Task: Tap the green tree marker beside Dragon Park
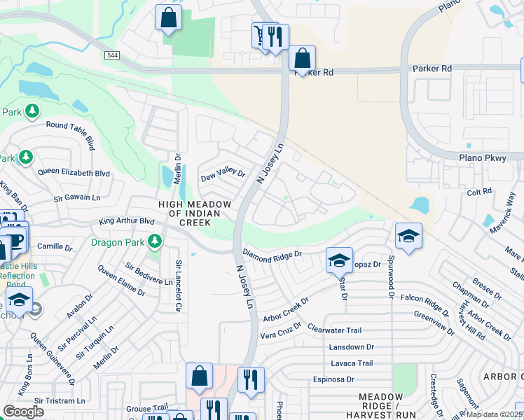point(155,243)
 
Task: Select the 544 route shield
point(112,55)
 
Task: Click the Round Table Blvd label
point(70,133)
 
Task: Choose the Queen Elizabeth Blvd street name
point(74,172)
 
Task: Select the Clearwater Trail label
point(334,330)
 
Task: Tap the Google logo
point(24,412)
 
